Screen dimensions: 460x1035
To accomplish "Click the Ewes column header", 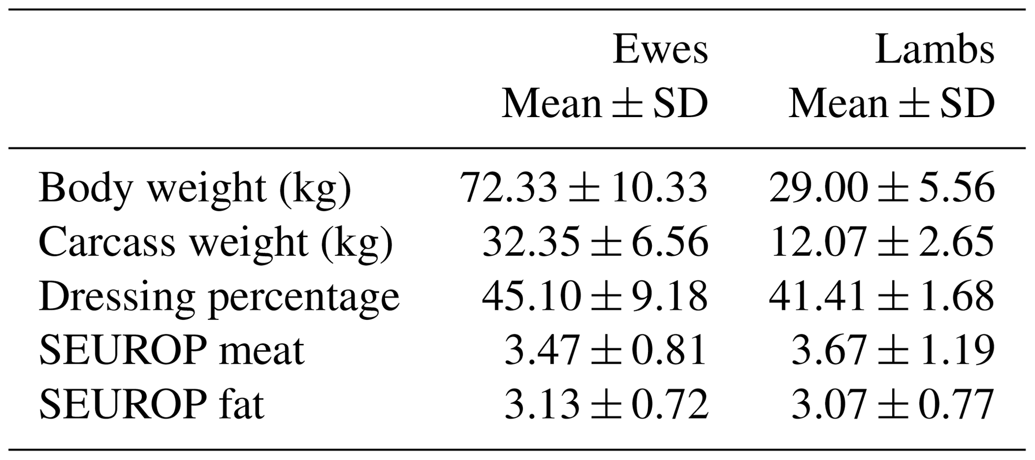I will (x=660, y=50).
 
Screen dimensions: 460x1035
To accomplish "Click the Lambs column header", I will (x=934, y=50).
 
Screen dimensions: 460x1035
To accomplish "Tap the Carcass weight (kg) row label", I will (x=216, y=243).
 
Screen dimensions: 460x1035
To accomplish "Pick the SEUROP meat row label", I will (x=171, y=350).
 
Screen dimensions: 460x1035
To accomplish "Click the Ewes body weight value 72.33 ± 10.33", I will (x=584, y=188).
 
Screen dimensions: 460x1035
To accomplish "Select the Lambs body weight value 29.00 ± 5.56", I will (x=882, y=188).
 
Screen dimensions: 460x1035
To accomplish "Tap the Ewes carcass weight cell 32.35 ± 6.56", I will (x=595, y=242).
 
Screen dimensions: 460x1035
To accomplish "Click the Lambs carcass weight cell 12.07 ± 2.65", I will (x=882, y=242).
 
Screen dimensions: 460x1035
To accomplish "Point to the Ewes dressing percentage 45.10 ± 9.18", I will (x=595, y=296).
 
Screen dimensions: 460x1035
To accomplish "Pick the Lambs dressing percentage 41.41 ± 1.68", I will (x=882, y=296).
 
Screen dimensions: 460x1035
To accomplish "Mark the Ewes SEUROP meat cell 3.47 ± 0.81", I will (x=606, y=350).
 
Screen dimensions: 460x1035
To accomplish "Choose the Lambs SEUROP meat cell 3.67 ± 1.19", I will (x=893, y=350).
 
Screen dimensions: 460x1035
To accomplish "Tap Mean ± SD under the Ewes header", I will (x=605, y=104).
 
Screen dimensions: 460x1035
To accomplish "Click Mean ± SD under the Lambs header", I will (x=892, y=104).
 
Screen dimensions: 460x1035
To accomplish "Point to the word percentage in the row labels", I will (x=304, y=298).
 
